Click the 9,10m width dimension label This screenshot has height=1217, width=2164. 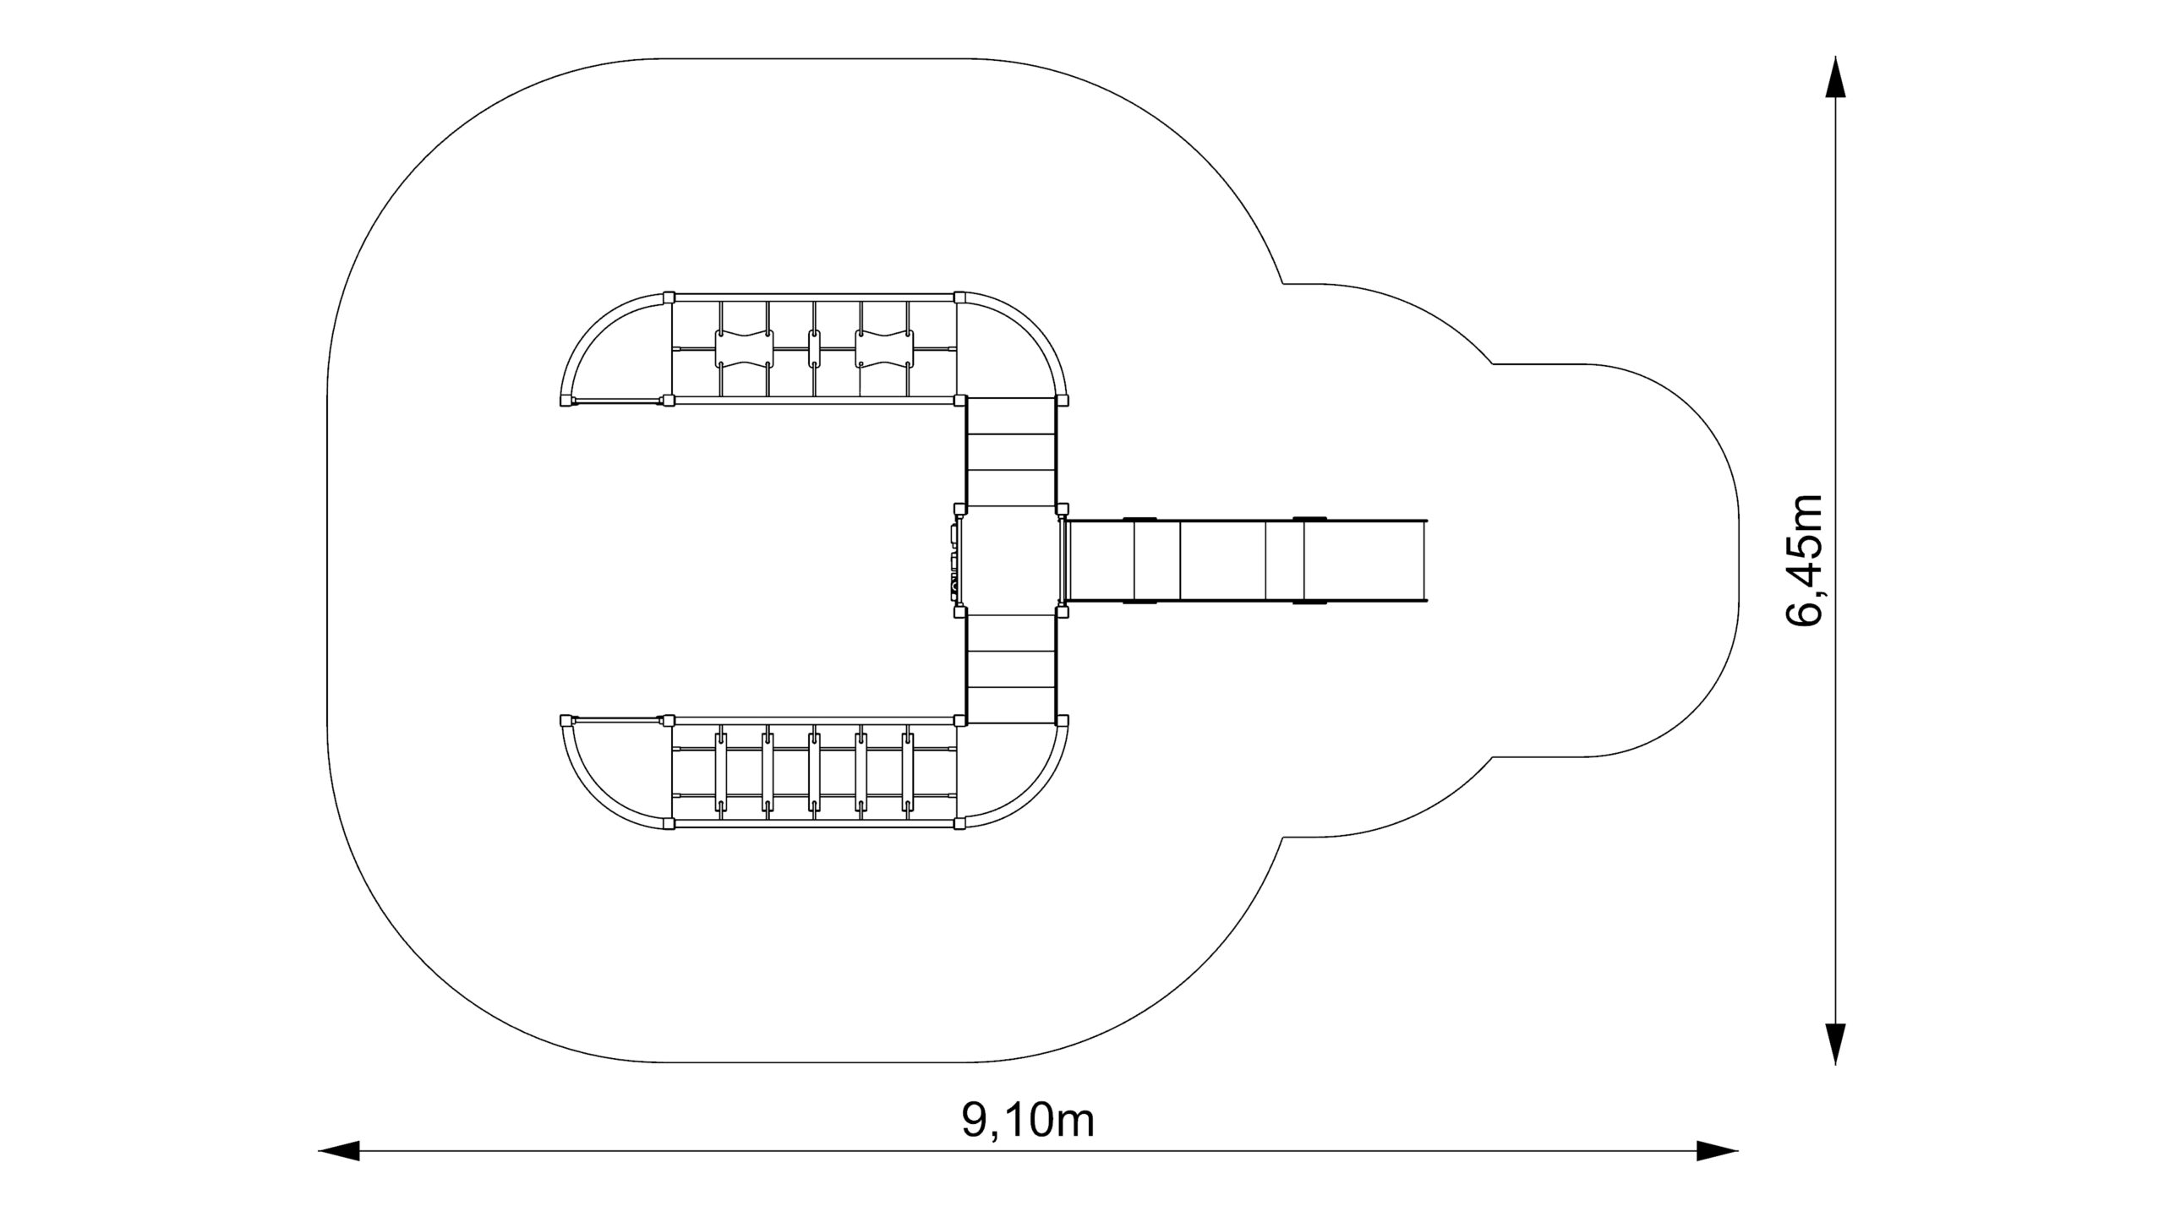point(1027,1121)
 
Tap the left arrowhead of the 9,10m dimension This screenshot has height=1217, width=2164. point(339,1150)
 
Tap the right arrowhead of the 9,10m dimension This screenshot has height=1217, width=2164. point(1718,1150)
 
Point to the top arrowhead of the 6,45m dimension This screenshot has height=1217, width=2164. point(1835,78)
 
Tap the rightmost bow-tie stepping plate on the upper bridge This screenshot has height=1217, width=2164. point(884,348)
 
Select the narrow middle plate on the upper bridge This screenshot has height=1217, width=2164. point(814,348)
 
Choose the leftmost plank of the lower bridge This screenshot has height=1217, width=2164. point(721,773)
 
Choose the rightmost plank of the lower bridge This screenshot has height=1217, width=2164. point(908,773)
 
